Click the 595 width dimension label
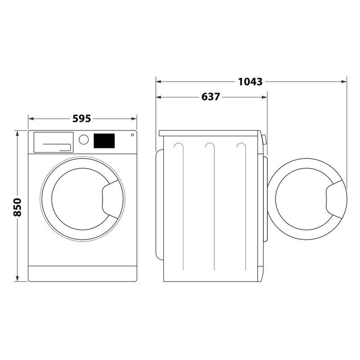click(82, 119)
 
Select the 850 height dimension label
click(18, 207)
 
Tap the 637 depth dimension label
click(211, 97)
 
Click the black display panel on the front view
click(104, 141)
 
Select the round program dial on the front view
click(83, 139)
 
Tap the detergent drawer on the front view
click(53, 142)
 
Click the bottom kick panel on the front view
click(82, 273)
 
